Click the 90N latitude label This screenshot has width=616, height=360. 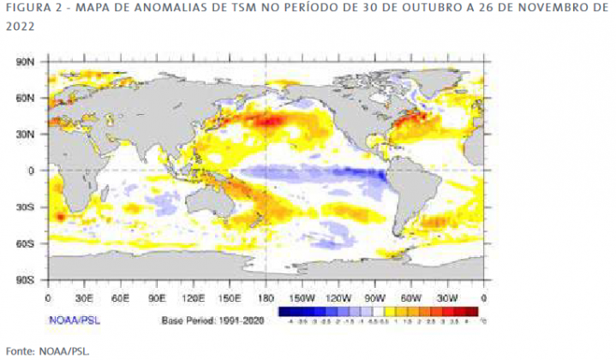tap(25, 63)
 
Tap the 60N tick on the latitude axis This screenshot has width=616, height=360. tap(25, 99)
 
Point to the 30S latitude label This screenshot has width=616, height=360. tap(25, 207)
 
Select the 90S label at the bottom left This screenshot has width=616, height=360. tap(25, 280)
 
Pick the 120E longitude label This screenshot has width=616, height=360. tap(193, 297)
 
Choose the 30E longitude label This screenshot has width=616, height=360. tap(83, 297)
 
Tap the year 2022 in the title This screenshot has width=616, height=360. tap(21, 27)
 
